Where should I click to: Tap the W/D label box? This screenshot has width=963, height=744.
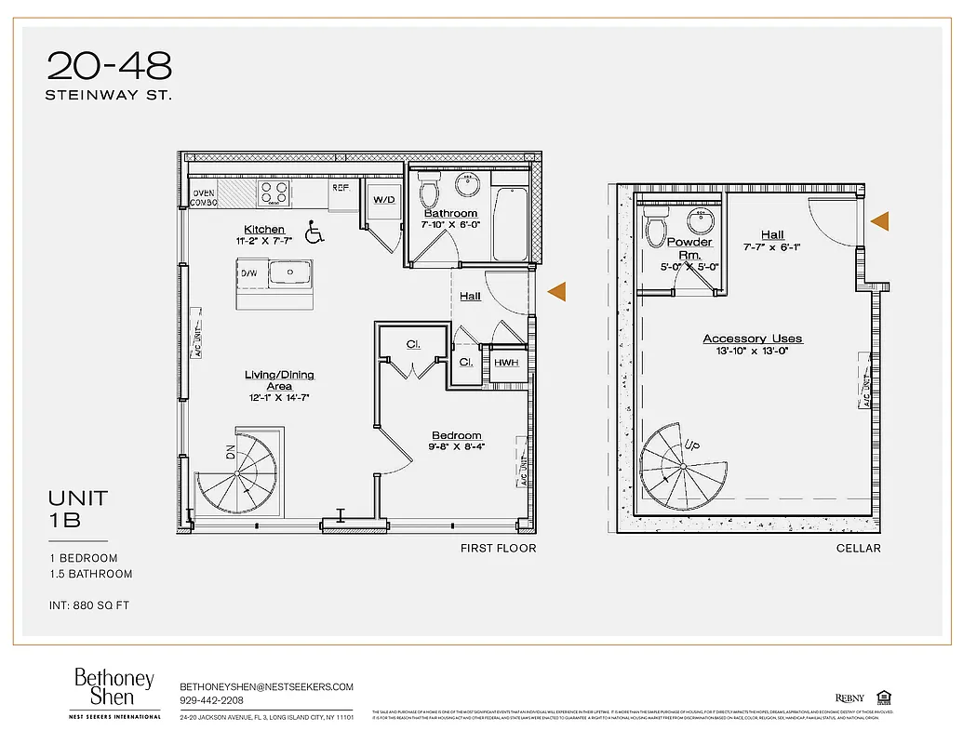pyautogui.click(x=384, y=200)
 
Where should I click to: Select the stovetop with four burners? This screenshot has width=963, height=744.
pyautogui.click(x=273, y=193)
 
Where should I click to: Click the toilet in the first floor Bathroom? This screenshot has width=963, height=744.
pyautogui.click(x=429, y=191)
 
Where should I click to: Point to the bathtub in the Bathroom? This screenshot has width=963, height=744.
pyautogui.click(x=511, y=224)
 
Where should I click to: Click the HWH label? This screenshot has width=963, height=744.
pyautogui.click(x=506, y=363)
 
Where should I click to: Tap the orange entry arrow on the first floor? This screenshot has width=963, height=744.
pyautogui.click(x=556, y=292)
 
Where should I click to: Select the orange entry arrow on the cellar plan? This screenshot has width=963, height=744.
pyautogui.click(x=879, y=221)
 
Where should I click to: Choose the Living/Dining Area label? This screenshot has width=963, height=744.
pyautogui.click(x=279, y=380)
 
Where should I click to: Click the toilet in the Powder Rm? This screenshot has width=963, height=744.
pyautogui.click(x=657, y=225)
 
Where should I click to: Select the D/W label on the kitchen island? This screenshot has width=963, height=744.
pyautogui.click(x=248, y=273)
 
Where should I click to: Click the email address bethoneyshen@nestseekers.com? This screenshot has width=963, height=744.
pyautogui.click(x=266, y=686)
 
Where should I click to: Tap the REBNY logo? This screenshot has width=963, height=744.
pyautogui.click(x=849, y=698)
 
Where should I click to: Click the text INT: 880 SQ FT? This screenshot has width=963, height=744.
pyautogui.click(x=89, y=605)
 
